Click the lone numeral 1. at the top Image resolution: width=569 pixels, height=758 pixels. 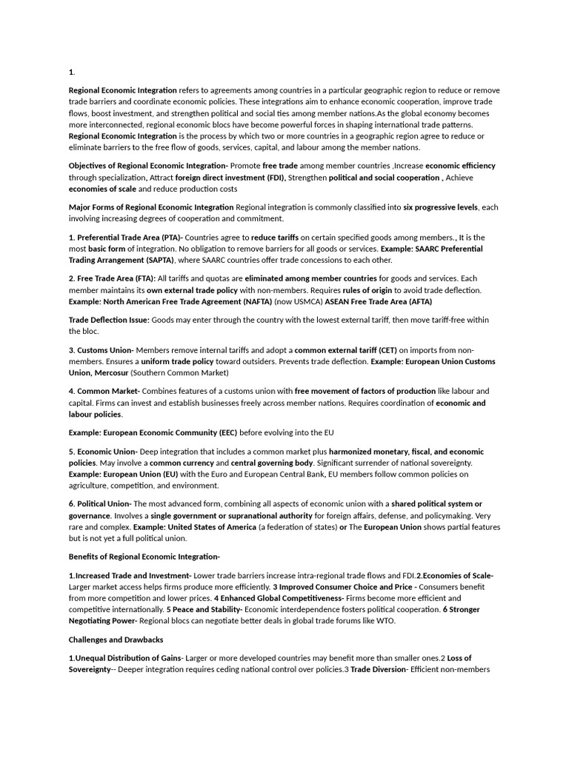[x=72, y=72]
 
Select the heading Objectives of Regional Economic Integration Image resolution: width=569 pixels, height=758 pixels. [x=147, y=166]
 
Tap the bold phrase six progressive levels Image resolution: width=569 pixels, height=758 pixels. [x=441, y=207]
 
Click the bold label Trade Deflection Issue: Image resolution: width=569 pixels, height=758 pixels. [x=109, y=320]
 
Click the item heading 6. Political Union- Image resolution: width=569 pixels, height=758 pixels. [x=100, y=503]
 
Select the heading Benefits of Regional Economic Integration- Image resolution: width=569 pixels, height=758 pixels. [x=144, y=557]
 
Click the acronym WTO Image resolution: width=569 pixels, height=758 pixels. [x=385, y=621]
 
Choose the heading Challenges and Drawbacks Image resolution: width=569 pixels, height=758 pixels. [x=116, y=640]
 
